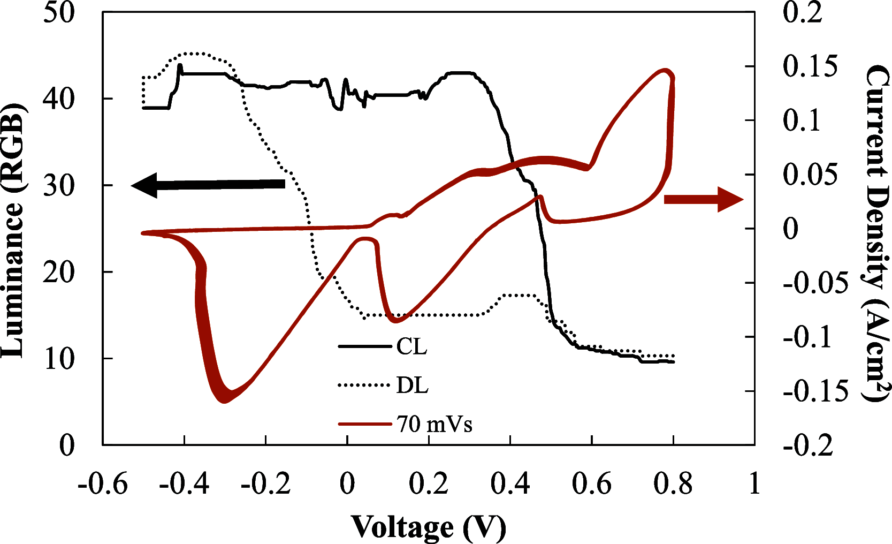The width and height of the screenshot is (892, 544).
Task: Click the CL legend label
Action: click(x=411, y=346)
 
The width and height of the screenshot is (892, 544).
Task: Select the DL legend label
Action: click(x=412, y=385)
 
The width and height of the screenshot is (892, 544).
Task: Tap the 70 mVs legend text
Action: click(x=434, y=424)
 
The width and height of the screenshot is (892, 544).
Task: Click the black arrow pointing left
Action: click(x=208, y=185)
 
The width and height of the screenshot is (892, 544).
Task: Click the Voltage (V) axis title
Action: click(x=428, y=527)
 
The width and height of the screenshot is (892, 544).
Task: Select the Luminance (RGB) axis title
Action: click(x=13, y=229)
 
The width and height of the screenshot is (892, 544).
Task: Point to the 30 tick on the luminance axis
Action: click(x=59, y=185)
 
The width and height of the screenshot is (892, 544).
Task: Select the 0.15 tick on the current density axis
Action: click(x=810, y=66)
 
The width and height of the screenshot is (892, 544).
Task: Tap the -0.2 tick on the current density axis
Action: click(x=808, y=445)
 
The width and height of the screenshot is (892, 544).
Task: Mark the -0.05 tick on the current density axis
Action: click(x=815, y=283)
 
